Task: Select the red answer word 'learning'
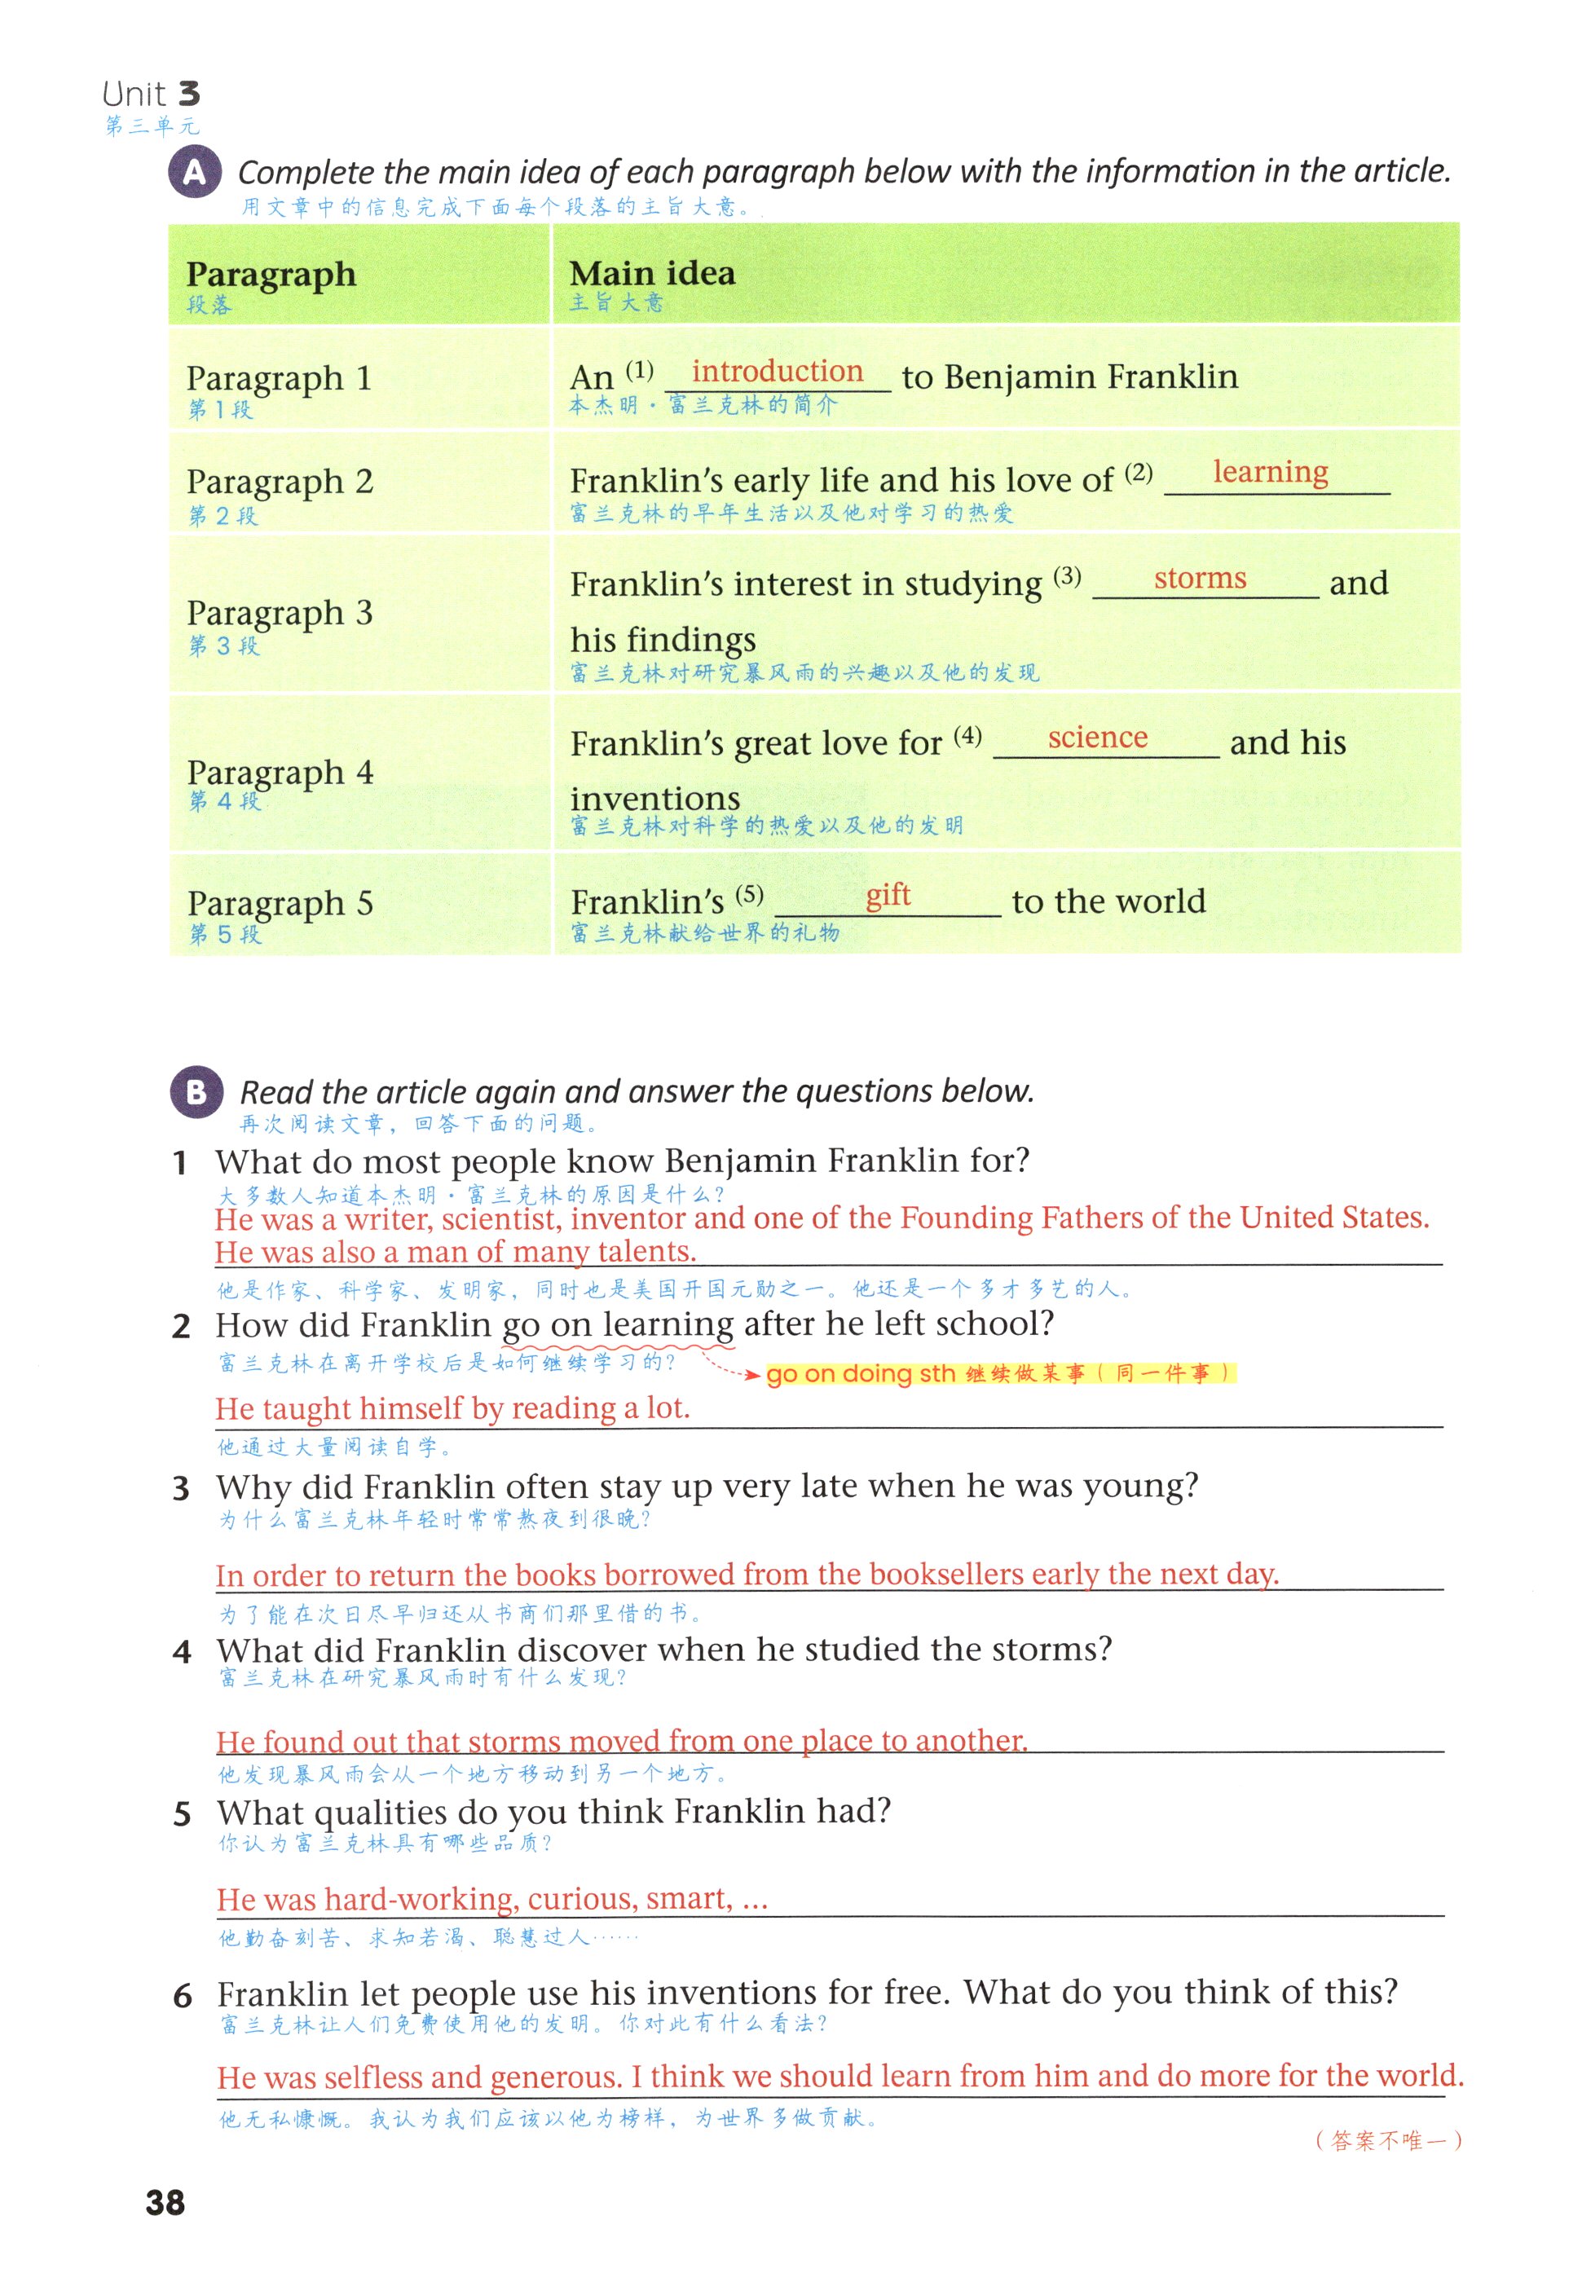click(1270, 473)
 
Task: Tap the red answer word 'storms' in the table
click(1200, 578)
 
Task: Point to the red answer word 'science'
click(1097, 738)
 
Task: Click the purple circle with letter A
click(196, 173)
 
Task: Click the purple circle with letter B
click(196, 1092)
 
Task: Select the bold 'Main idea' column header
click(652, 274)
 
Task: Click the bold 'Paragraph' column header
click(271, 275)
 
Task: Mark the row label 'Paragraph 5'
click(280, 903)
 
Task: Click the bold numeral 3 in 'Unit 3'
click(188, 95)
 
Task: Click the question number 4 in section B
click(182, 1652)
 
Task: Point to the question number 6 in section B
click(183, 1996)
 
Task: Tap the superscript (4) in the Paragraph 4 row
click(967, 735)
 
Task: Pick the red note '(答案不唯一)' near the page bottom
click(1388, 2140)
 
